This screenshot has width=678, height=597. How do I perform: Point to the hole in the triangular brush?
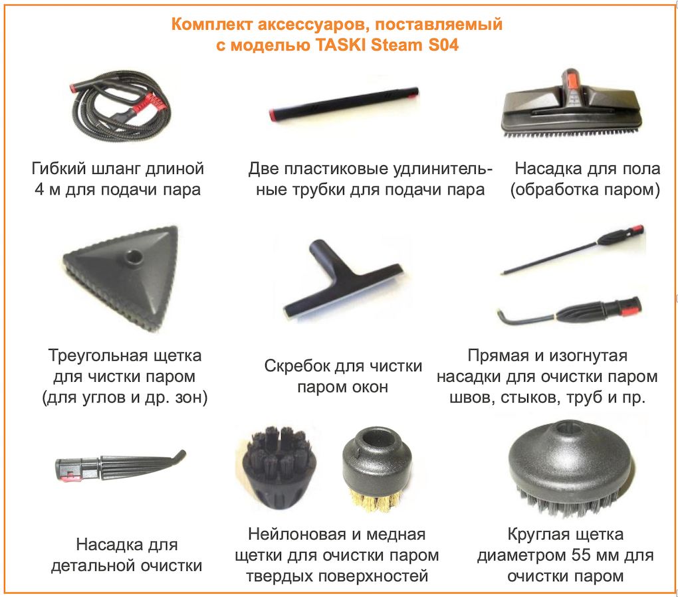point(134,255)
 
